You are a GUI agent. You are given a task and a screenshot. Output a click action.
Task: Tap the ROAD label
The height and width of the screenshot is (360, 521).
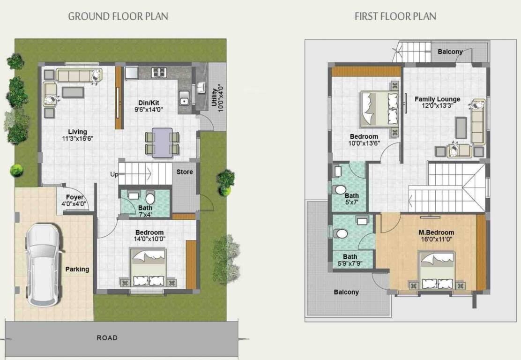[107, 337]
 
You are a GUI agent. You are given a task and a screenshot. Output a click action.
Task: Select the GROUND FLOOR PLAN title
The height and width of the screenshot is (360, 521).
[118, 16]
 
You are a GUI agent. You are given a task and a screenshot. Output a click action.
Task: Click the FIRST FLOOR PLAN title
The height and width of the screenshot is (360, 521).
[395, 16]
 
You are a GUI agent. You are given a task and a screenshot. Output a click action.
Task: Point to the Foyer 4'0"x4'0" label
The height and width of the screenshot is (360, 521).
[75, 200]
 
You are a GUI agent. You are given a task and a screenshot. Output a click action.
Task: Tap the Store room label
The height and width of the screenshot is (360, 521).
[185, 172]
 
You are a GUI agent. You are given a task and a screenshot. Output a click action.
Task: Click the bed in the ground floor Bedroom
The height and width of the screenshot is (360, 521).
[149, 268]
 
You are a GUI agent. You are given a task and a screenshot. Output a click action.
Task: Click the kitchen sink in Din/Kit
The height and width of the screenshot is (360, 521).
[184, 100]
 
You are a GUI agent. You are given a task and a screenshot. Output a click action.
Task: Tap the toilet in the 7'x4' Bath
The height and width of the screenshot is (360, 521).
[150, 198]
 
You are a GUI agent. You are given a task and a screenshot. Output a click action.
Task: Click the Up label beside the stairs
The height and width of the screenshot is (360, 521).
[114, 174]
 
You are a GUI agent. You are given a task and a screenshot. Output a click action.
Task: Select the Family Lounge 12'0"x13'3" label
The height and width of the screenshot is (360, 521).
[437, 102]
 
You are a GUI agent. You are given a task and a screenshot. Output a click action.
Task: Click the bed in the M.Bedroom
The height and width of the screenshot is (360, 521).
[437, 270]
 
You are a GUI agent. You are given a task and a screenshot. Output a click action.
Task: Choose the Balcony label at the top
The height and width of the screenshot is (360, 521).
[450, 52]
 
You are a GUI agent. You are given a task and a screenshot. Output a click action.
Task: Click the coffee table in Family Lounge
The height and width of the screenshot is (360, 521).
[461, 127]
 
